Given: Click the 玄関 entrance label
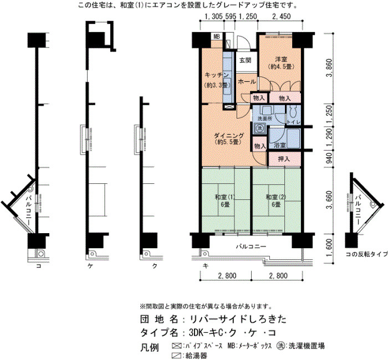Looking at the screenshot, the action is click(245, 60).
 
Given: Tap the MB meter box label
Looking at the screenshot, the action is click(217, 37).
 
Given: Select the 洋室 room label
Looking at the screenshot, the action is click(281, 59).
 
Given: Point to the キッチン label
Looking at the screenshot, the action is click(217, 75).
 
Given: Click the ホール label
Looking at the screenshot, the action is click(247, 81).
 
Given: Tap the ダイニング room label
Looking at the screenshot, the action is click(229, 136).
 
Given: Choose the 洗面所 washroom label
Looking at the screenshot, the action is click(265, 119).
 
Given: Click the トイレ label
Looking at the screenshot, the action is click(293, 122).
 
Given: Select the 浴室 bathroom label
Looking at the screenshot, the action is click(279, 145).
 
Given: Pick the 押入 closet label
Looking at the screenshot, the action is click(284, 159).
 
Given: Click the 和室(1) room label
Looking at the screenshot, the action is click(224, 197).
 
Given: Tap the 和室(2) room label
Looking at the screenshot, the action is click(275, 197).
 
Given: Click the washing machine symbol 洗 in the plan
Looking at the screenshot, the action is click(259, 128).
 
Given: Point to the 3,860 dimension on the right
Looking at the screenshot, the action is click(329, 68).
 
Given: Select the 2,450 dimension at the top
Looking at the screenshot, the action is click(282, 17).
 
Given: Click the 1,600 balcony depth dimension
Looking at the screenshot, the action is click(329, 248).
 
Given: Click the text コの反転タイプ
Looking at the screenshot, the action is click(367, 254).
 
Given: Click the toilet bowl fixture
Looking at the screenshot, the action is click(293, 113).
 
